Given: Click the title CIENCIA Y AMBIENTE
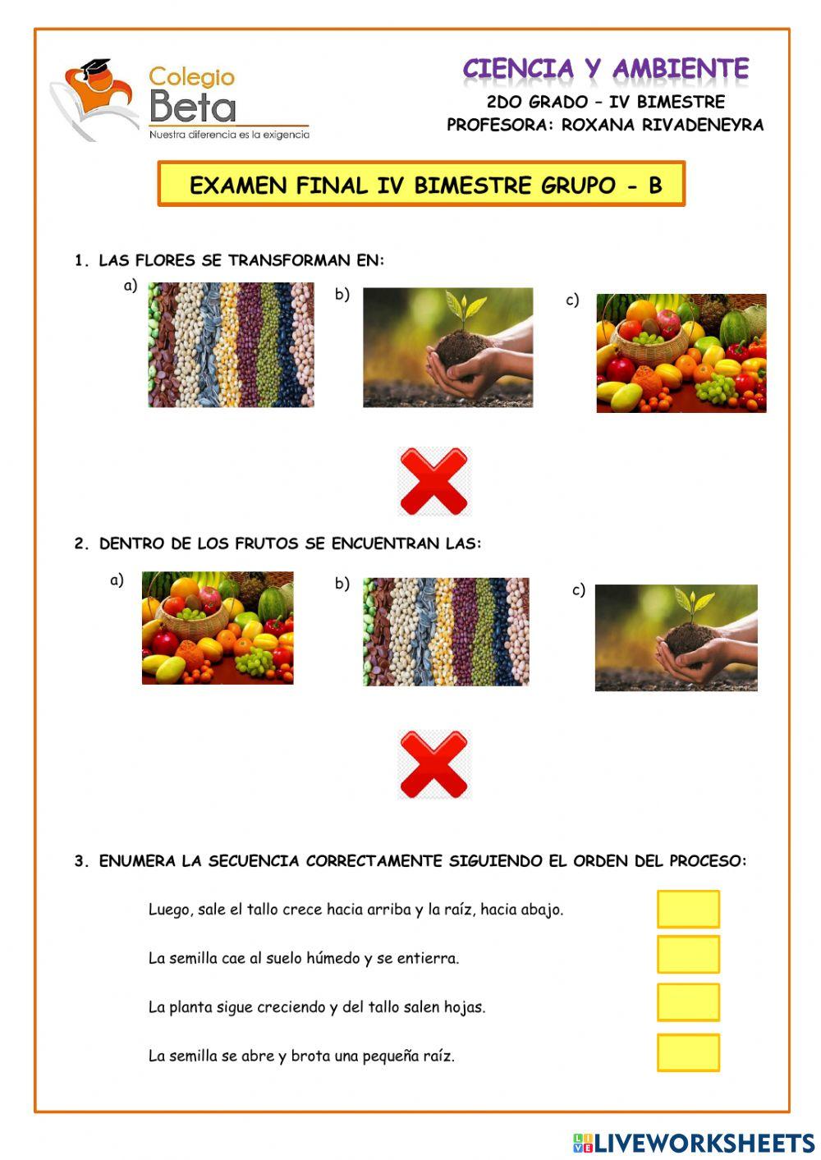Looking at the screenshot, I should point(605,69).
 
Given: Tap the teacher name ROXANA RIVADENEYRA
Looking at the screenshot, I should point(662,126).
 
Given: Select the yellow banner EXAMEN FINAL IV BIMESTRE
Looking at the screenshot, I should point(421,184).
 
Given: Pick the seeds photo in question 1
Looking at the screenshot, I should point(231,345).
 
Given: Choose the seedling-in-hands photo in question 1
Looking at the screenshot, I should point(447,347).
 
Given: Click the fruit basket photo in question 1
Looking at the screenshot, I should point(681,353).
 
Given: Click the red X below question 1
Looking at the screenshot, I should point(433,481).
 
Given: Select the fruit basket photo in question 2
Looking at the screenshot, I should point(218,628).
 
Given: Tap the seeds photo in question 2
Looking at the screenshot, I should point(446,631).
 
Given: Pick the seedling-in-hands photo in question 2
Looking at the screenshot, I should point(676,638).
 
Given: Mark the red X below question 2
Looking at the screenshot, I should point(433,765).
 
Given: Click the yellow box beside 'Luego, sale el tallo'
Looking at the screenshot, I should point(688,909).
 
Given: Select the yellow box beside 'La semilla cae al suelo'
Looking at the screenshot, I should point(688,955).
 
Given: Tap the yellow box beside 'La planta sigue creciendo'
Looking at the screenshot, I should point(688,1002).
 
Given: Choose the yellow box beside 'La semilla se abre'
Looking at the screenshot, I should point(688,1052).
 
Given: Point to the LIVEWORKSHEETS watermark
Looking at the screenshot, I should point(694,1142).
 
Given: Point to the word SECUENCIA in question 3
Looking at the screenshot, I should point(252,861).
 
